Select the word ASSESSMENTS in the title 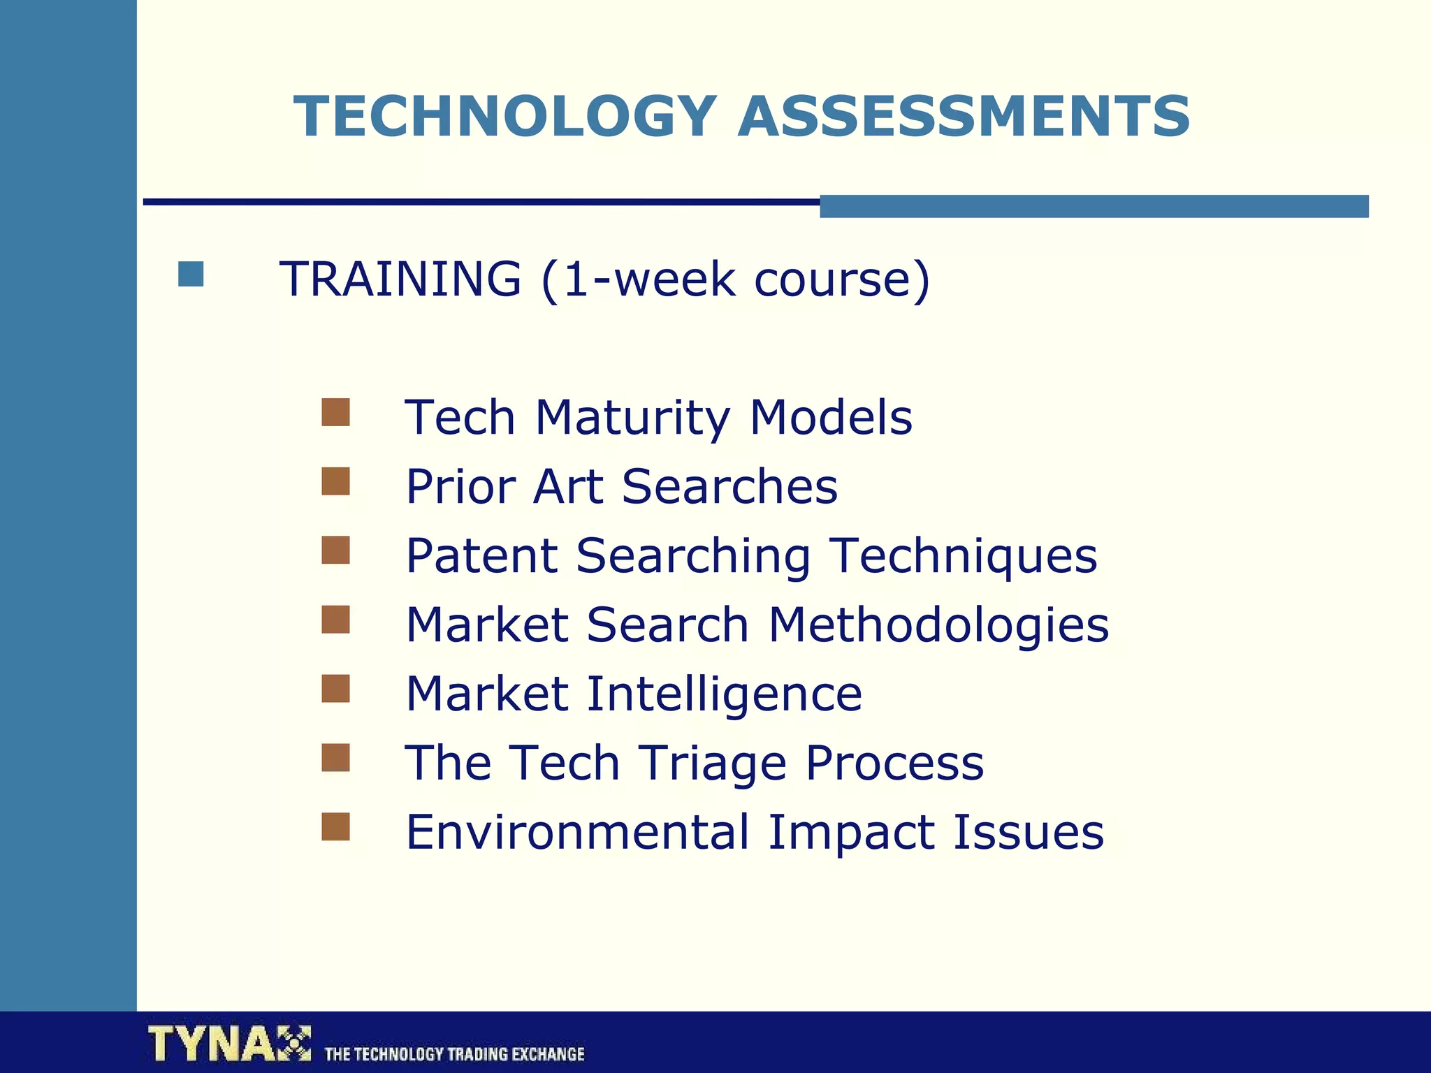964,116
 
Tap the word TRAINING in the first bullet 400,279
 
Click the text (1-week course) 735,279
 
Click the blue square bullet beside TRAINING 191,274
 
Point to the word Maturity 632,417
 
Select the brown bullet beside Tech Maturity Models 335,412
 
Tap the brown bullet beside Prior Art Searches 335,481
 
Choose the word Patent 481,556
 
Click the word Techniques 965,556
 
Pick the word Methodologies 938,625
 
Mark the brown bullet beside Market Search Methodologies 335,619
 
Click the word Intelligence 724,694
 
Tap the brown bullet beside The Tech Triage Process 335,757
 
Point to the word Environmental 577,832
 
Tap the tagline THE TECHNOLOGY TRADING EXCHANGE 454,1053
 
